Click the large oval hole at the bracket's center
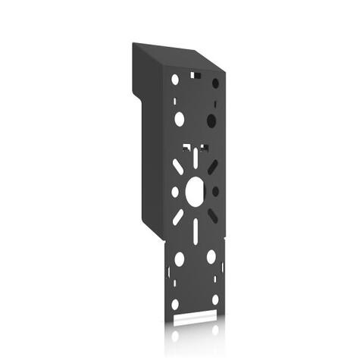(x=195, y=191)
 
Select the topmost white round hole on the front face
(x=175, y=79)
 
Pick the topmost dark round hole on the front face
(x=215, y=83)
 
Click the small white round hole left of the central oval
(x=175, y=192)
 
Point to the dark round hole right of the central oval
(x=215, y=192)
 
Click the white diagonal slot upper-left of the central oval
(x=178, y=166)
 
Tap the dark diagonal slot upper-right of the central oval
(x=213, y=167)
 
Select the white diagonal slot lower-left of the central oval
(x=178, y=217)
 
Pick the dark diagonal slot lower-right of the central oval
(x=213, y=216)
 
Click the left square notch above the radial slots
(x=186, y=146)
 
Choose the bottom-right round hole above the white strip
(x=215, y=300)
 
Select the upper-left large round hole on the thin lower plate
(x=179, y=258)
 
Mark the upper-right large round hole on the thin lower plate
(x=211, y=257)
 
